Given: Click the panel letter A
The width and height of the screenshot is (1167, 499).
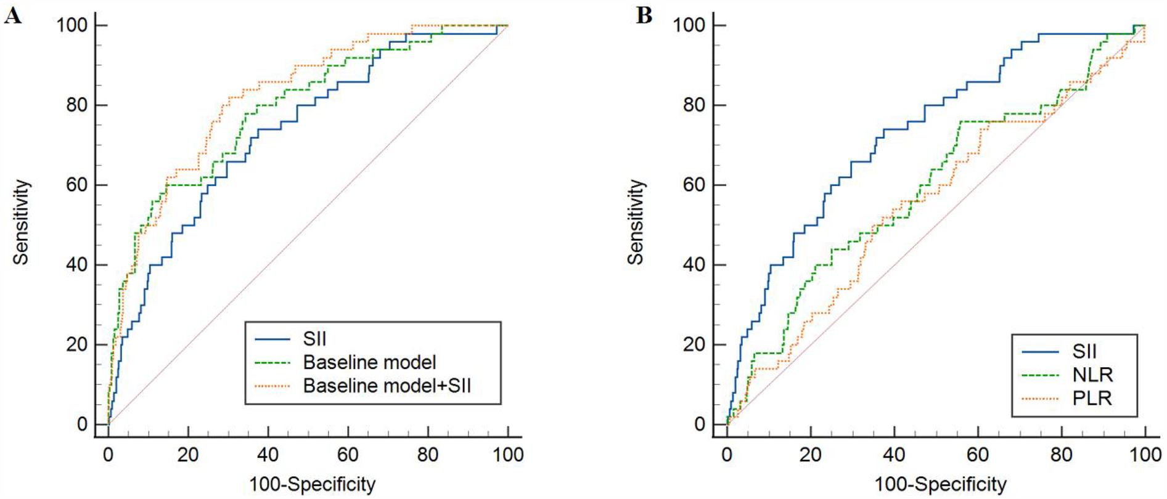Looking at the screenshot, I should [12, 15].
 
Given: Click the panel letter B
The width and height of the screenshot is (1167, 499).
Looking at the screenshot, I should [644, 15].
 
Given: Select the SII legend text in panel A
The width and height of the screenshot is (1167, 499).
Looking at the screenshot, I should [314, 339].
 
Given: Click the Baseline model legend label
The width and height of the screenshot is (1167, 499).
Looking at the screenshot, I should [369, 362].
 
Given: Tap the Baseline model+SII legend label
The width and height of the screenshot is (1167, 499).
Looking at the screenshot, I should [387, 386].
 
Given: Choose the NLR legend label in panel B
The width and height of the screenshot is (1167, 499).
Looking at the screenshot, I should [1092, 375].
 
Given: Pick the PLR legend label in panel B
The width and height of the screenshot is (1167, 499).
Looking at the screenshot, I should [1092, 398].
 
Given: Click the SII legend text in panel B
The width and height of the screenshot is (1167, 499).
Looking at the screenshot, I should [1084, 351].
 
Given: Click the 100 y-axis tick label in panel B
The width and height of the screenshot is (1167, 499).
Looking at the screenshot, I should [689, 25].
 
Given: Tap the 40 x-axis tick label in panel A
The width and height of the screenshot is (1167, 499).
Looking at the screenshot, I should [268, 455].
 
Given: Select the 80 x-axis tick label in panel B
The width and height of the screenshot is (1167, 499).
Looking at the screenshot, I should [1062, 455].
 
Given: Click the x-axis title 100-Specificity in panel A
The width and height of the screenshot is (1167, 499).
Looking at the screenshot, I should [312, 485].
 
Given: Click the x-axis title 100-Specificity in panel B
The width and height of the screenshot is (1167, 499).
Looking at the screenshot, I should [940, 485].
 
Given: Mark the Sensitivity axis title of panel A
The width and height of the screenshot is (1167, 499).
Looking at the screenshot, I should [21, 222].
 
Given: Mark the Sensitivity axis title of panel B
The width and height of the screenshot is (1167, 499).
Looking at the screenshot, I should [636, 222].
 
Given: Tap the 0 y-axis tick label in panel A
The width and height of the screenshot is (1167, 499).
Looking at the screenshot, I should [83, 424].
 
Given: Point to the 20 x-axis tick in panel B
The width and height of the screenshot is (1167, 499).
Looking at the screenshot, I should [810, 455].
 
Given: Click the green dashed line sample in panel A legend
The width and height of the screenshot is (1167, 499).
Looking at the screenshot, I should [272, 363].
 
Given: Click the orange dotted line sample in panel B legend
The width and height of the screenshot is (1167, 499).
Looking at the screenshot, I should [1040, 399].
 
